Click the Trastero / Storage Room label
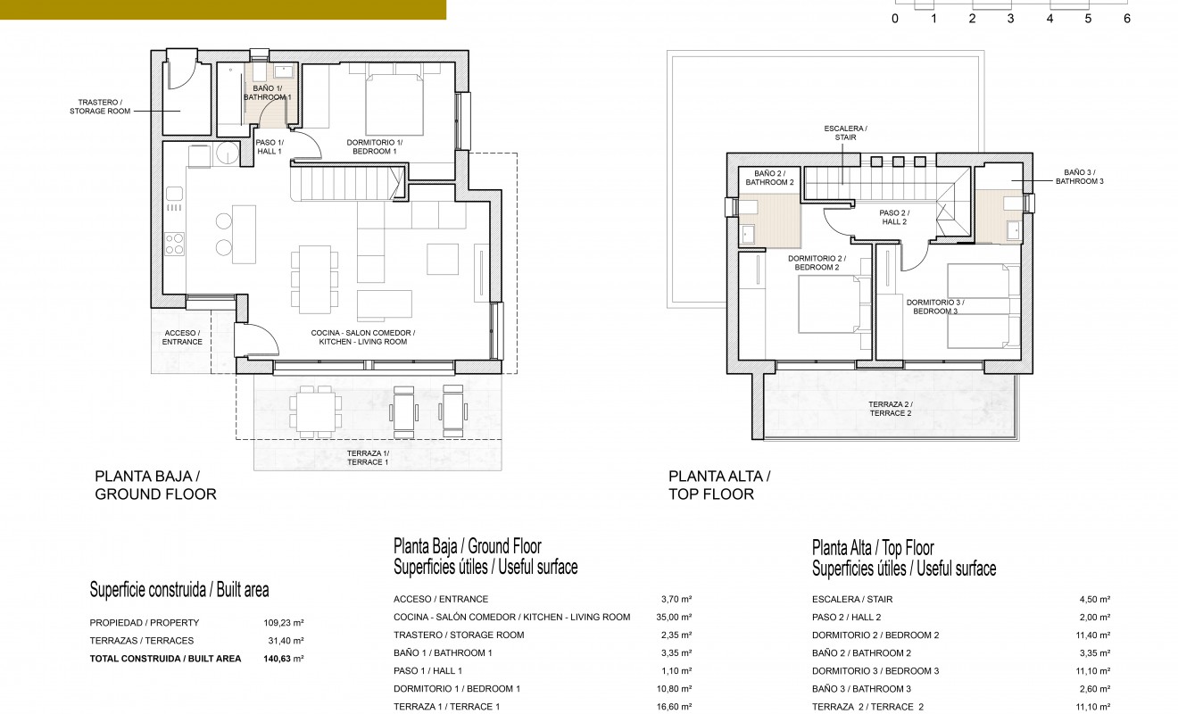99,107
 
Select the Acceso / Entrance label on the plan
182,337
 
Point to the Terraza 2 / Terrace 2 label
890,409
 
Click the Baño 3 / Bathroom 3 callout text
1080,177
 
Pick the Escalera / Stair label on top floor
845,133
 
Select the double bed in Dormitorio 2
827,303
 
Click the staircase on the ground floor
348,186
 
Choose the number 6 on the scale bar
1126,18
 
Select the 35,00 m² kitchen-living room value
675,618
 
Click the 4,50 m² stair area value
1094,600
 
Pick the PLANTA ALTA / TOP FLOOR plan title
719,486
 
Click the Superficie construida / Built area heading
179,590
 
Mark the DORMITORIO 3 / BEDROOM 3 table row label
875,671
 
